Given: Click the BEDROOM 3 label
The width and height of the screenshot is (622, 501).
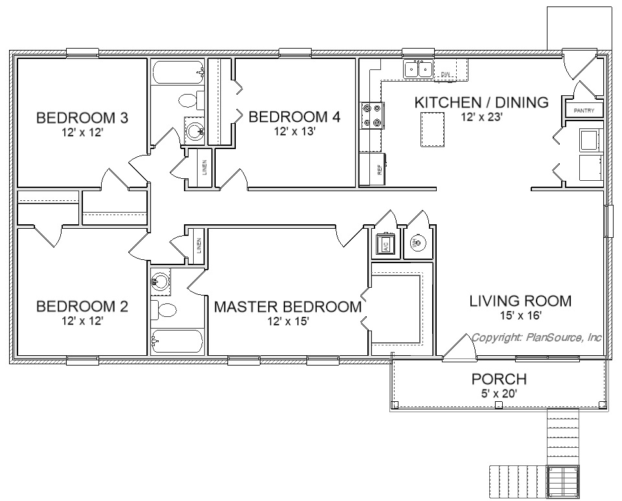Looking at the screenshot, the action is (82, 118).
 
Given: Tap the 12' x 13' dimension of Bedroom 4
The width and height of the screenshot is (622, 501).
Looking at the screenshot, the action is (295, 132).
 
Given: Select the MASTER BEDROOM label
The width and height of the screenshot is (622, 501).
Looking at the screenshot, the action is (288, 307).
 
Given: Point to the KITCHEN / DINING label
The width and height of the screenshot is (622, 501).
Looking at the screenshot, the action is (481, 102).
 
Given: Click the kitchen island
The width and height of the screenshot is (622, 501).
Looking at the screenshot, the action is (433, 130).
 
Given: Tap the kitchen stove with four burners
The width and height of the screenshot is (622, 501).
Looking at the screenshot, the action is (372, 115).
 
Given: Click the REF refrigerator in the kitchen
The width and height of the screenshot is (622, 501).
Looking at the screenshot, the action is (373, 169).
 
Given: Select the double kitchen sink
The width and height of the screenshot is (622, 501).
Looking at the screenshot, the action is (419, 70).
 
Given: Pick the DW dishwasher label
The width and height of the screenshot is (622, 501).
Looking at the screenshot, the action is (446, 74).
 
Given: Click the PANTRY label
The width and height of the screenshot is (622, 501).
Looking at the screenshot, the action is (584, 111).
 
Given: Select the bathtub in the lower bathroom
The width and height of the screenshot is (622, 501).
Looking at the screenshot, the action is (176, 341).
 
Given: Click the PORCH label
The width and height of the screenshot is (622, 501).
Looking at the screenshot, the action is (499, 379).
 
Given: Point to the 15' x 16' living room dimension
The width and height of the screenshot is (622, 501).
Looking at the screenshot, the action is (521, 316).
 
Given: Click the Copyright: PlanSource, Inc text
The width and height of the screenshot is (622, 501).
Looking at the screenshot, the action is (536, 338).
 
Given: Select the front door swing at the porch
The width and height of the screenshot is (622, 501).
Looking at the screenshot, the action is (459, 348).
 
